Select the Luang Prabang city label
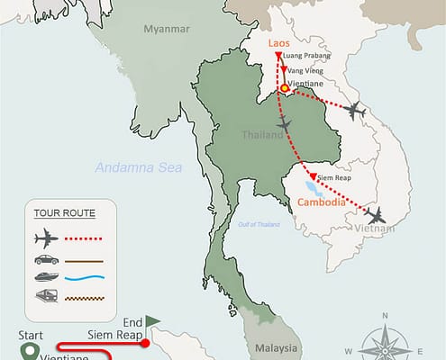coord(306,56)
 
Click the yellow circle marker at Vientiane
coord(284,88)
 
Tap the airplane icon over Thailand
coord(287,122)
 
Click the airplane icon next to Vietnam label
coord(376,215)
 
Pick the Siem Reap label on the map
coord(336,176)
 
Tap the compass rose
coord(385,338)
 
